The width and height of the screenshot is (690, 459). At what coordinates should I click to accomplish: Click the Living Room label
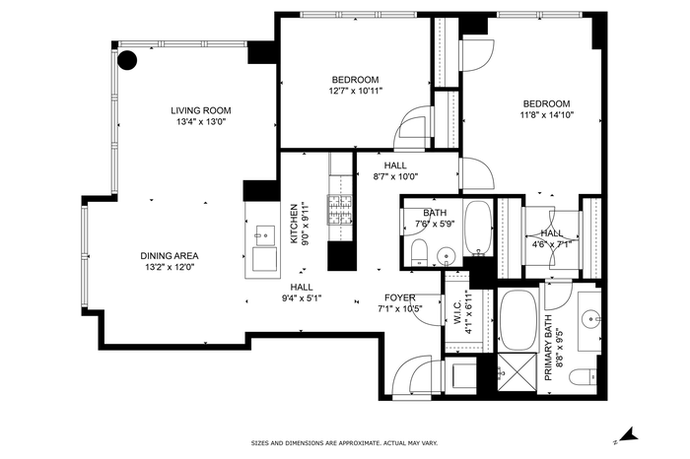tap(201, 110)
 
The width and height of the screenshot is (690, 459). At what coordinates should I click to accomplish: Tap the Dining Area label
tap(170, 256)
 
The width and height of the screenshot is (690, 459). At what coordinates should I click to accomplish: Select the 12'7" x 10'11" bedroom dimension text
tap(356, 91)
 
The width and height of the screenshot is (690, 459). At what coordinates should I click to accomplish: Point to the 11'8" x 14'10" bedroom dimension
tap(546, 115)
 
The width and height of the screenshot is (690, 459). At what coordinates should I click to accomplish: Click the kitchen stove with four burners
tap(340, 210)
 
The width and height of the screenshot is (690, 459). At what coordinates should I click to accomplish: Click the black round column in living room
tap(127, 60)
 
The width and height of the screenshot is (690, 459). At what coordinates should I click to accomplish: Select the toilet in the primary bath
tap(584, 377)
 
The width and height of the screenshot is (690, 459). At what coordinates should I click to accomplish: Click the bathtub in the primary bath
tap(518, 319)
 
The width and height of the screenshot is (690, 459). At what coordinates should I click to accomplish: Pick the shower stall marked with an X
tap(517, 372)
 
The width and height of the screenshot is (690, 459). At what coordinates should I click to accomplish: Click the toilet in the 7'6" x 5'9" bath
tap(419, 252)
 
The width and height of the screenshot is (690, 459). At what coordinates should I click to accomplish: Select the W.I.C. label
tap(457, 312)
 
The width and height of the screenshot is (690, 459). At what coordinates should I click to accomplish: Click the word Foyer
tap(399, 297)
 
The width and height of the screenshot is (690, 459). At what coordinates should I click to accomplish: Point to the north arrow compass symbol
tap(627, 435)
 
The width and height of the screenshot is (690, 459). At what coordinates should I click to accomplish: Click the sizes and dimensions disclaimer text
tap(344, 443)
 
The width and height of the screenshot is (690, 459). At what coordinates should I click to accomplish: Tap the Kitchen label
tap(294, 224)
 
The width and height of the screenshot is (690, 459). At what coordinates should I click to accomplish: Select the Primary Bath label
tap(548, 348)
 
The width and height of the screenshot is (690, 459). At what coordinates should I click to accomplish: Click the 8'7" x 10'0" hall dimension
tap(395, 176)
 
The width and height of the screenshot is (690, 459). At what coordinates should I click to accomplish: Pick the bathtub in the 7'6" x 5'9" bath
tap(477, 228)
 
